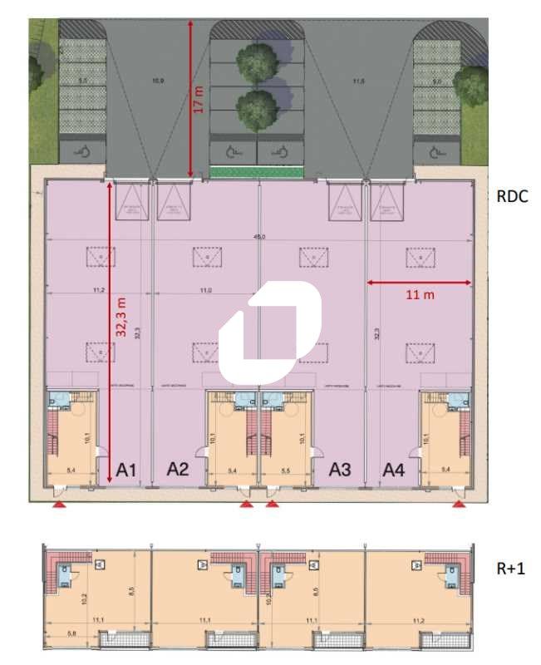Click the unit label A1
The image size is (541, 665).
click(126, 470)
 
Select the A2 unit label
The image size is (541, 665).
click(178, 470)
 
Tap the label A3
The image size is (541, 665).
click(340, 470)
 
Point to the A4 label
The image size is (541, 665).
click(393, 470)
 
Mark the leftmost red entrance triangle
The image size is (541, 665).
click(58, 504)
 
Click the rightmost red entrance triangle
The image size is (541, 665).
click(460, 504)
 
